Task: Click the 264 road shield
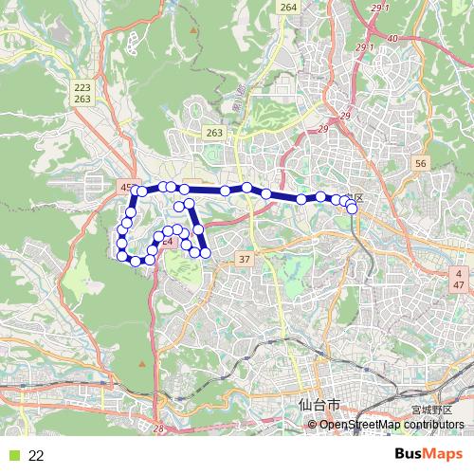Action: tap(288, 8)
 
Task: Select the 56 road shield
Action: tap(422, 164)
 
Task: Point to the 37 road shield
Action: tap(245, 259)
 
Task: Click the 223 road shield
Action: tap(82, 86)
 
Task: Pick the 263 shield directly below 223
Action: tap(82, 99)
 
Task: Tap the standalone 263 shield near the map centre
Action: tap(214, 134)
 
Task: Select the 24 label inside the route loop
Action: tap(167, 242)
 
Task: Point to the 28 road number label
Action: tap(158, 429)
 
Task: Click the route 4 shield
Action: tap(458, 273)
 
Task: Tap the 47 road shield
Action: tap(458, 285)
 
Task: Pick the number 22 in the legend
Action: tap(36, 455)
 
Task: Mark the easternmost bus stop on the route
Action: tap(353, 209)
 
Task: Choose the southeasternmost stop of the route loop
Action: tap(204, 252)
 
